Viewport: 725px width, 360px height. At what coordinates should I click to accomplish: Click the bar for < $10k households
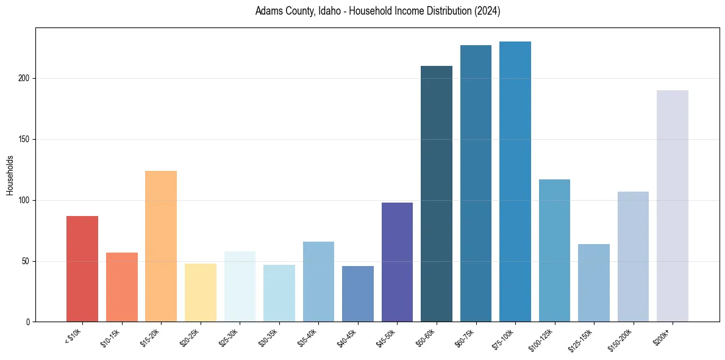pyautogui.click(x=82, y=268)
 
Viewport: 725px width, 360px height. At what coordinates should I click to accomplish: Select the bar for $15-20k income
pyautogui.click(x=161, y=246)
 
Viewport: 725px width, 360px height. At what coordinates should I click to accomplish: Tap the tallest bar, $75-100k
pyautogui.click(x=515, y=181)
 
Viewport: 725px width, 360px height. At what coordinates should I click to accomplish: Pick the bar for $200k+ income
pyautogui.click(x=673, y=206)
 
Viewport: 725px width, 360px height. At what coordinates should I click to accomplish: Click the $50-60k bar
pyautogui.click(x=437, y=193)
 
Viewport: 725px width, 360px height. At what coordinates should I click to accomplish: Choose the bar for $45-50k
pyautogui.click(x=397, y=262)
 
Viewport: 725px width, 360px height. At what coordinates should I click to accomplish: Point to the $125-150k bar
pyautogui.click(x=594, y=283)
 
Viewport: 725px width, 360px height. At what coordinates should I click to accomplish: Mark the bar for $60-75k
pyautogui.click(x=476, y=183)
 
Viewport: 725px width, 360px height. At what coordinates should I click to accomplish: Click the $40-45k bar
pyautogui.click(x=358, y=293)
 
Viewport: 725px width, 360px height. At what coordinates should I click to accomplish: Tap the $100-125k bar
pyautogui.click(x=554, y=250)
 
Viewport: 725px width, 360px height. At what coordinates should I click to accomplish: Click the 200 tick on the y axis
pyautogui.click(x=25, y=78)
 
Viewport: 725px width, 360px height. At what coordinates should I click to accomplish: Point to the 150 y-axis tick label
pyautogui.click(x=25, y=139)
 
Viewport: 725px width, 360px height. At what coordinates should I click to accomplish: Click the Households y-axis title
pyautogui.click(x=10, y=175)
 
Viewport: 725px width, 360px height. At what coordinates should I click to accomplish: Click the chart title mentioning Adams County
pyautogui.click(x=377, y=12)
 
